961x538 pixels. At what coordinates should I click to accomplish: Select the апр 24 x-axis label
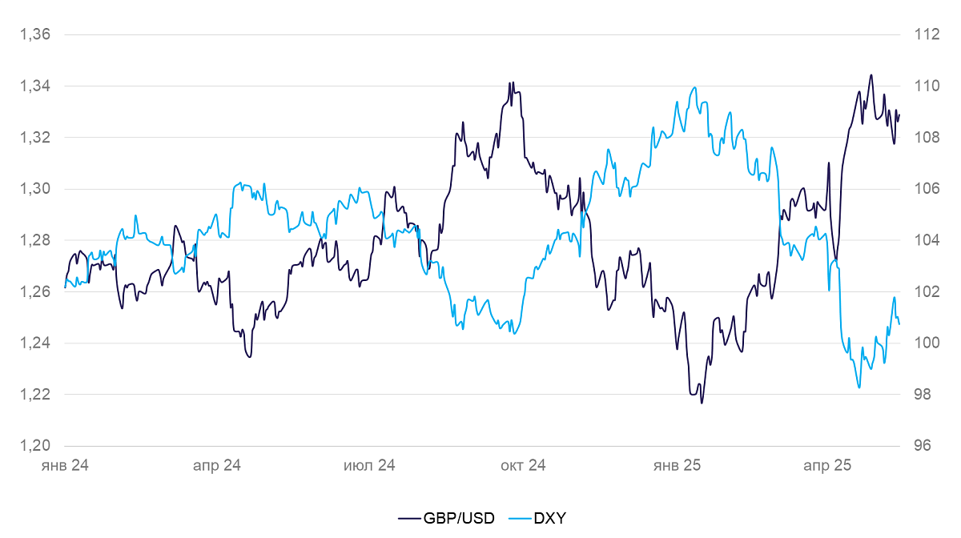point(217,465)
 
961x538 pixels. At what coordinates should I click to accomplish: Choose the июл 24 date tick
point(369,465)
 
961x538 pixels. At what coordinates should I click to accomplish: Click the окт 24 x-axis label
point(522,465)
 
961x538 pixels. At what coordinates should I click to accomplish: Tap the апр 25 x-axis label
point(827,465)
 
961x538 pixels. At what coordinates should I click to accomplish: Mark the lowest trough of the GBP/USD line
point(702,403)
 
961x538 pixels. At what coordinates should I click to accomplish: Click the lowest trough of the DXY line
point(858,388)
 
